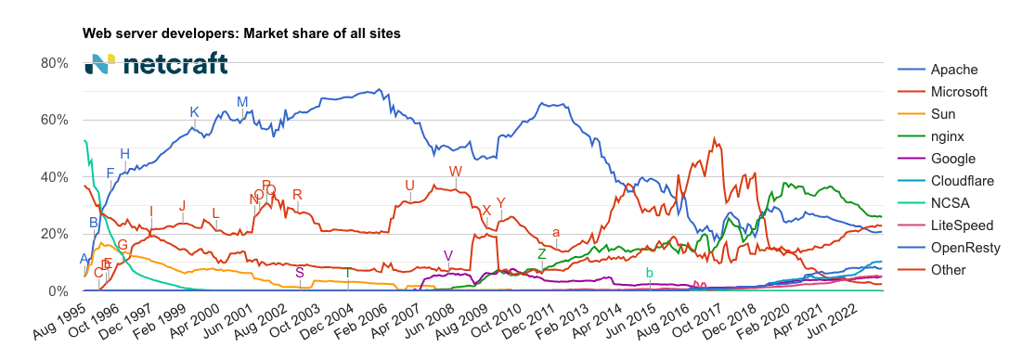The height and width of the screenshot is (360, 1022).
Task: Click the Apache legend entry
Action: (955, 70)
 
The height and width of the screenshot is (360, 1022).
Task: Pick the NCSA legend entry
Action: (950, 203)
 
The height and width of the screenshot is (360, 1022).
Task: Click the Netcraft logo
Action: (155, 65)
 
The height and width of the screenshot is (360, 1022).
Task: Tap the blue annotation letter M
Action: (242, 102)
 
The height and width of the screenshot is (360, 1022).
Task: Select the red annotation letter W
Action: (455, 172)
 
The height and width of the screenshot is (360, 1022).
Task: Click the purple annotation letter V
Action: (448, 256)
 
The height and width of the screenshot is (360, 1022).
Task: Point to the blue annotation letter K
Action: (194, 112)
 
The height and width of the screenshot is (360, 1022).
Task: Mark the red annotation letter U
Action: (409, 186)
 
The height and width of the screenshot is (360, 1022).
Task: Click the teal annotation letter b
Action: (650, 273)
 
